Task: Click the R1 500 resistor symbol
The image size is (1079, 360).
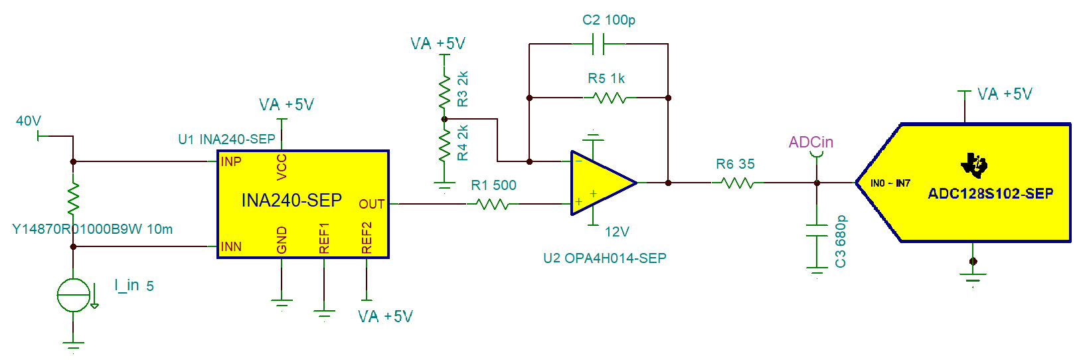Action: (x=493, y=204)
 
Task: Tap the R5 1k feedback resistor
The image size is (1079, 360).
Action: (x=609, y=98)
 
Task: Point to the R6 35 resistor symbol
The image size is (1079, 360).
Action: (x=737, y=183)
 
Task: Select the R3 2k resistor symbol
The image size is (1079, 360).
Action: (x=445, y=92)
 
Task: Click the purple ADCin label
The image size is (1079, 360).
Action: (x=811, y=142)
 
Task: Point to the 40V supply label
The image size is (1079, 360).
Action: (x=29, y=121)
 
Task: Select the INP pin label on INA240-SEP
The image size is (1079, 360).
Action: (x=231, y=161)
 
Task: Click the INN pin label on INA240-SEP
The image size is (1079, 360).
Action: (x=231, y=246)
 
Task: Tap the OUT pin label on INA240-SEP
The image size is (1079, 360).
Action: (x=371, y=204)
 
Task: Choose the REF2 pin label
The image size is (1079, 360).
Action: (x=367, y=238)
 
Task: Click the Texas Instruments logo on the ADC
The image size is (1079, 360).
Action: (x=974, y=165)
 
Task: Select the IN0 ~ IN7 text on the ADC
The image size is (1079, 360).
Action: (x=890, y=183)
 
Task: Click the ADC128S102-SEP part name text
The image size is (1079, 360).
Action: (x=990, y=194)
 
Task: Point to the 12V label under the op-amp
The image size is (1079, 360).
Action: (x=617, y=232)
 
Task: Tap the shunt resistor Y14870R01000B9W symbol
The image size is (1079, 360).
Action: (x=73, y=198)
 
